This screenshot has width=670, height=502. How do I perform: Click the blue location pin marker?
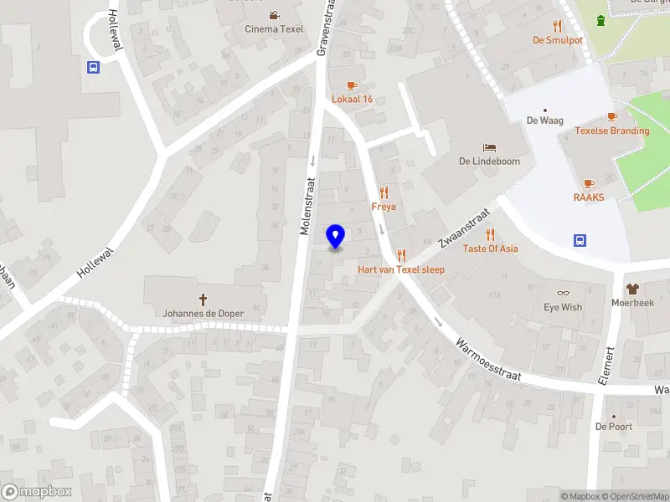(335, 237)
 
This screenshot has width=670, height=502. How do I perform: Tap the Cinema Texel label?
(274, 28)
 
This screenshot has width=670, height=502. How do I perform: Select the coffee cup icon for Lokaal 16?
(352, 85)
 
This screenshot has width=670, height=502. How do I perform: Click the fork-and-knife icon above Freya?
(384, 192)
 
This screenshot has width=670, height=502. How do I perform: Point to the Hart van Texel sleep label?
(401, 269)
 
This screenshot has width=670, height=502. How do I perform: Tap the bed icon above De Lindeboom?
(490, 147)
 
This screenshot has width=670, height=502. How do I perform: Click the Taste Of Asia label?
(490, 248)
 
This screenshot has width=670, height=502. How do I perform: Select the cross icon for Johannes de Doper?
(203, 299)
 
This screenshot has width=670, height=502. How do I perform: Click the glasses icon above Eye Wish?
(563, 293)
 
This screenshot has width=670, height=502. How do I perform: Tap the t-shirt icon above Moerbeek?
(632, 288)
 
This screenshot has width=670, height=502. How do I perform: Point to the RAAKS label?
(589, 197)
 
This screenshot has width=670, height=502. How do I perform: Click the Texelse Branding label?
(611, 131)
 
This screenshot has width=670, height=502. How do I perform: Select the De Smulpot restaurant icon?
(557, 26)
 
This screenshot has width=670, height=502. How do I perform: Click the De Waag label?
(543, 120)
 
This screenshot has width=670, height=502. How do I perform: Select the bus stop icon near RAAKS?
(580, 241)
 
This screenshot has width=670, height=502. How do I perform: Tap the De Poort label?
(613, 426)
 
